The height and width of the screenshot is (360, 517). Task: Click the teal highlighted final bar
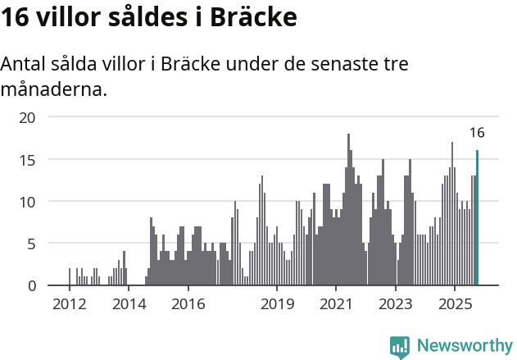coord(477,218)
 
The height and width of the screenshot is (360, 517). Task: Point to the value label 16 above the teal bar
coord(477,133)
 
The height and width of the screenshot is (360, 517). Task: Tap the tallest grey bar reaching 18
coord(348,210)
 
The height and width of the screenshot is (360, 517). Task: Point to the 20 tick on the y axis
coord(28,117)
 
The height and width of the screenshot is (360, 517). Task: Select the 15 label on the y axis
coord(28,159)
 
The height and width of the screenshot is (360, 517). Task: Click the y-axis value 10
coord(28,201)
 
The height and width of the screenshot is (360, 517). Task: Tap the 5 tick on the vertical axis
coord(32,244)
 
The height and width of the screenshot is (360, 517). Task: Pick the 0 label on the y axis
coord(32,285)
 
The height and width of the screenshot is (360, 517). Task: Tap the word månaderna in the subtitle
coord(54,89)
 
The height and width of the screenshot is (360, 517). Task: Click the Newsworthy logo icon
coord(400,347)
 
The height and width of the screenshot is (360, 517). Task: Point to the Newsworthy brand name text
coord(465,346)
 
